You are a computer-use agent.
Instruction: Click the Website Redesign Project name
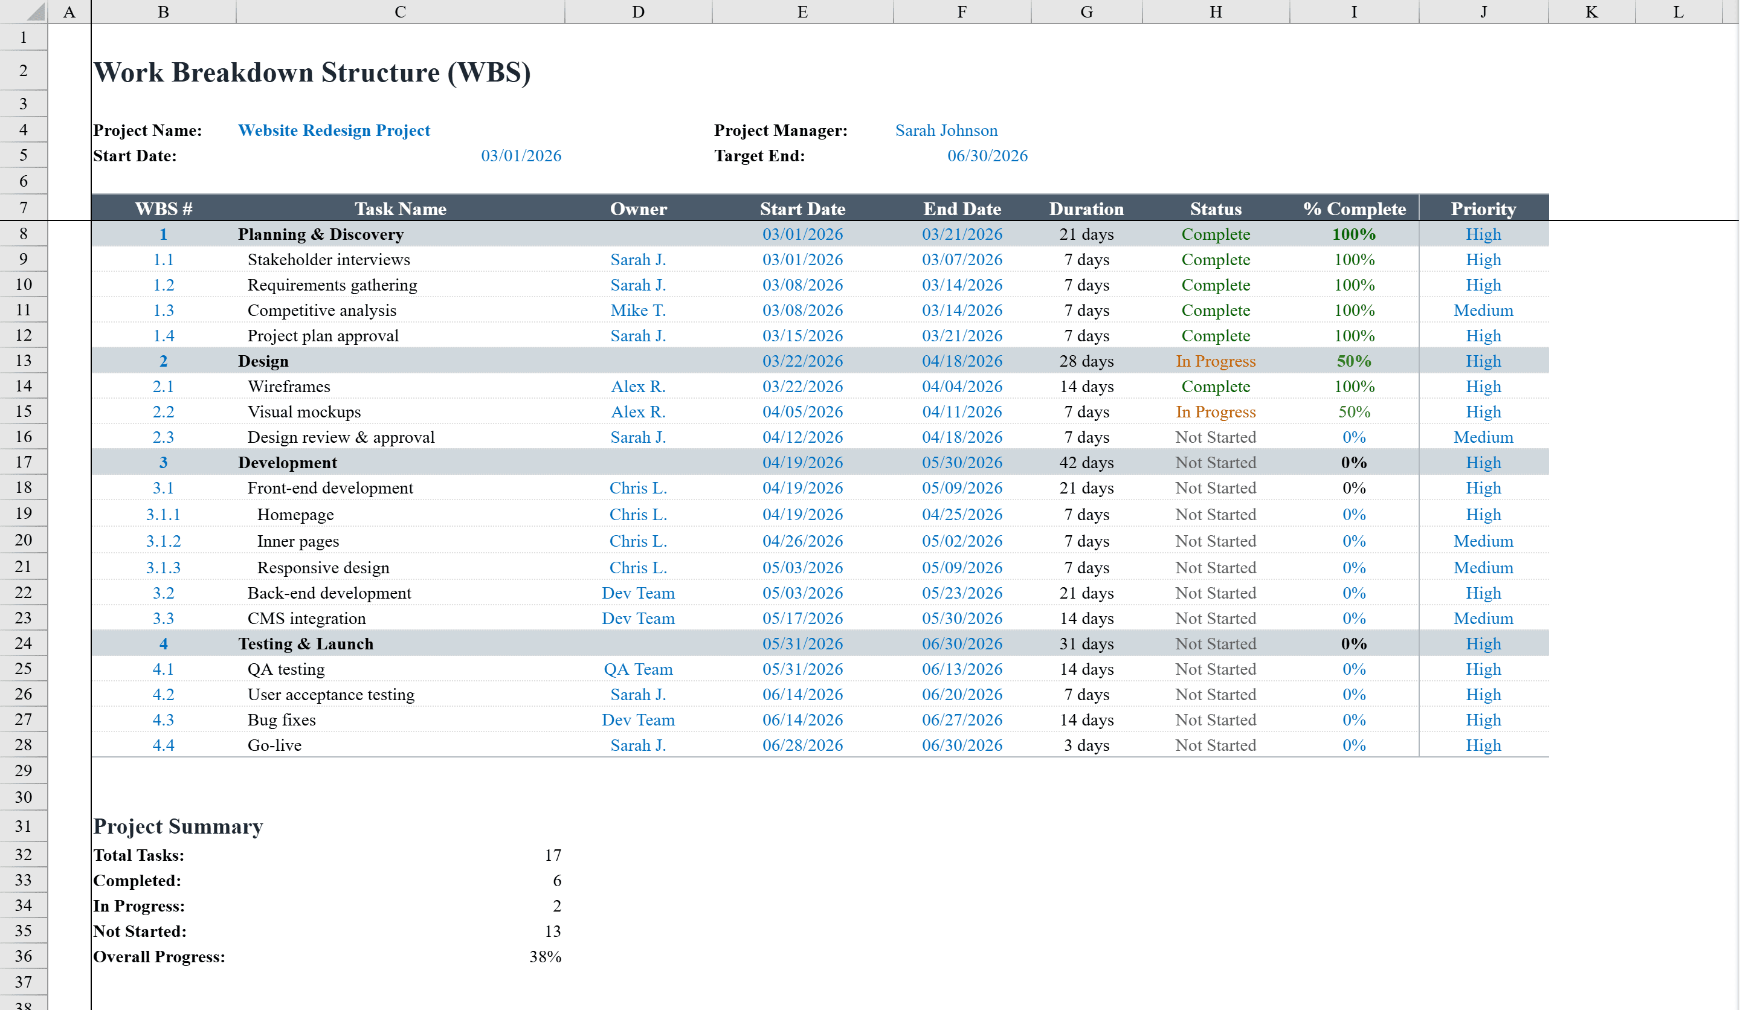(333, 130)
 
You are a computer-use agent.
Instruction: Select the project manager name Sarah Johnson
(946, 130)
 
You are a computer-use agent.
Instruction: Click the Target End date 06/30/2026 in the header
(987, 156)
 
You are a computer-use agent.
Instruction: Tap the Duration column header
(1086, 208)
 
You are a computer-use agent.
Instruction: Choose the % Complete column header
(1353, 208)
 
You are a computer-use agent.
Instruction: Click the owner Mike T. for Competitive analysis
(638, 310)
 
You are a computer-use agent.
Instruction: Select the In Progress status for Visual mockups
(1215, 412)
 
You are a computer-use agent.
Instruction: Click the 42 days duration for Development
(1086, 463)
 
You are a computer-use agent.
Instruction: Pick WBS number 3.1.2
(163, 541)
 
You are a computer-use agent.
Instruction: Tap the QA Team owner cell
(638, 669)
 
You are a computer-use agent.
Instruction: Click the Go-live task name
(274, 745)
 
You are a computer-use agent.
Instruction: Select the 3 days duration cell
(1086, 745)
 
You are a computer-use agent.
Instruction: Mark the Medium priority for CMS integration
(1483, 619)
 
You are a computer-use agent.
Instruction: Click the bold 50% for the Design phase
(1353, 361)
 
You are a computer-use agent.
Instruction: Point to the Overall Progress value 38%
(545, 957)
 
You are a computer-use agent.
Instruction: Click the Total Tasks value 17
(552, 855)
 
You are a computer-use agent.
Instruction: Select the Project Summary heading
(178, 826)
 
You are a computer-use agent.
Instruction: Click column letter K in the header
(1591, 11)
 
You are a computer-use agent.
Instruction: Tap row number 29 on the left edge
(24, 770)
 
